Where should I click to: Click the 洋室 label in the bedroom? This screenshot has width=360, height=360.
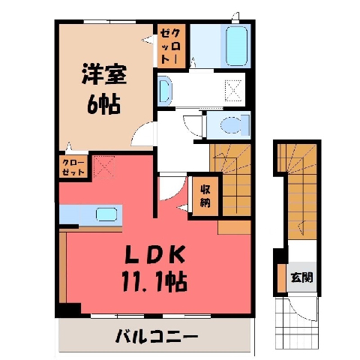tap(104, 74)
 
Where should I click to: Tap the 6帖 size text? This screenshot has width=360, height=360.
tap(104, 104)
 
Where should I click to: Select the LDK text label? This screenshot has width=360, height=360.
tap(155, 253)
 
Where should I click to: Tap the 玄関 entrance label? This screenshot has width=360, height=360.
tap(301, 277)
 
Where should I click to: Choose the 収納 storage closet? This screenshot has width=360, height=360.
tap(205, 196)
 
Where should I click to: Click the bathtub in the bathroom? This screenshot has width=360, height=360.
tap(237, 46)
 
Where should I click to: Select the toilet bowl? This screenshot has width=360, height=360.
tap(231, 124)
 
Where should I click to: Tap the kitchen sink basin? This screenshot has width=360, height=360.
tap(106, 214)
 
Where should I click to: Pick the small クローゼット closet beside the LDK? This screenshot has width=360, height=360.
tap(73, 166)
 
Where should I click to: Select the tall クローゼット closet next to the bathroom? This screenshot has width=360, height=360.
tap(172, 46)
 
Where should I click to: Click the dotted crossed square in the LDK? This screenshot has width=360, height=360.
tap(103, 166)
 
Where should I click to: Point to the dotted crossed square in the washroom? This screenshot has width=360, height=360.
tap(233, 90)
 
